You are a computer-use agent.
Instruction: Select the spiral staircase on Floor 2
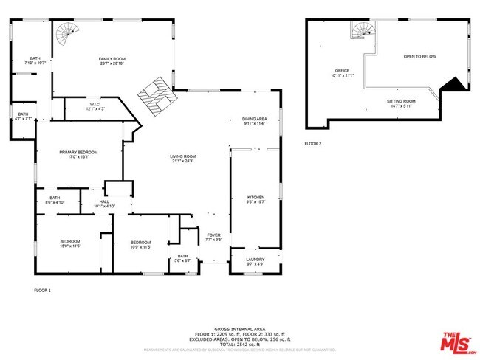pos(363,30)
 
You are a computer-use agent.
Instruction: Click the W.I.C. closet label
pos(95,107)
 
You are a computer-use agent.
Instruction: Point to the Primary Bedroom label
pos(78,154)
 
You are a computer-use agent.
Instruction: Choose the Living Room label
pos(182,158)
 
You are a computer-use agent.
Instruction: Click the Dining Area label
pos(255,121)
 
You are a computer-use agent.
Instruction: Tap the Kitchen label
pos(256,199)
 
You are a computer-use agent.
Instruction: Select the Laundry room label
pos(255,260)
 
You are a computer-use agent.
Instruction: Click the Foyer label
pos(213,237)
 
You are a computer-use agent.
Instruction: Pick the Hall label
pos(104,204)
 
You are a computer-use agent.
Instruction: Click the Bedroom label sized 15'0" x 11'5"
pos(70,244)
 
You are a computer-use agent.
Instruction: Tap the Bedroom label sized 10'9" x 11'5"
pos(140,245)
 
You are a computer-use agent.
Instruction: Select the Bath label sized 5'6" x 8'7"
pos(183,258)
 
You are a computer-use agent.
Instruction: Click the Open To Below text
pos(419,56)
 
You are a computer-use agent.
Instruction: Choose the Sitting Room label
pos(401,103)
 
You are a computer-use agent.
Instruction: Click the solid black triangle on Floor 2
pos(455,84)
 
